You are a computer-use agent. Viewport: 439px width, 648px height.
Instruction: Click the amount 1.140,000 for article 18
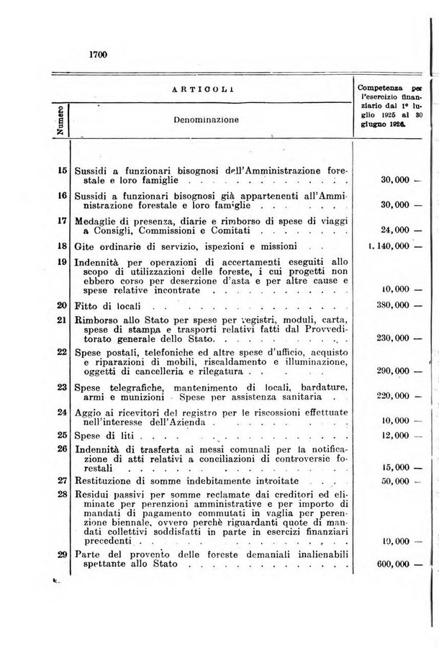[389, 246]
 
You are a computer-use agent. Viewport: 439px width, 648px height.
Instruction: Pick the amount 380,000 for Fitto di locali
[393, 305]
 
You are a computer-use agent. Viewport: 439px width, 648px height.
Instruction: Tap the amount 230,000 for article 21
[393, 338]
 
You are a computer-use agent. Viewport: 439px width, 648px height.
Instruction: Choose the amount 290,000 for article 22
[393, 372]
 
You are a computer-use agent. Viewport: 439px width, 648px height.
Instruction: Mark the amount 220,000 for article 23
[393, 397]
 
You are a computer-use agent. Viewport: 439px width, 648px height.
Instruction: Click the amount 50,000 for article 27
[395, 480]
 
